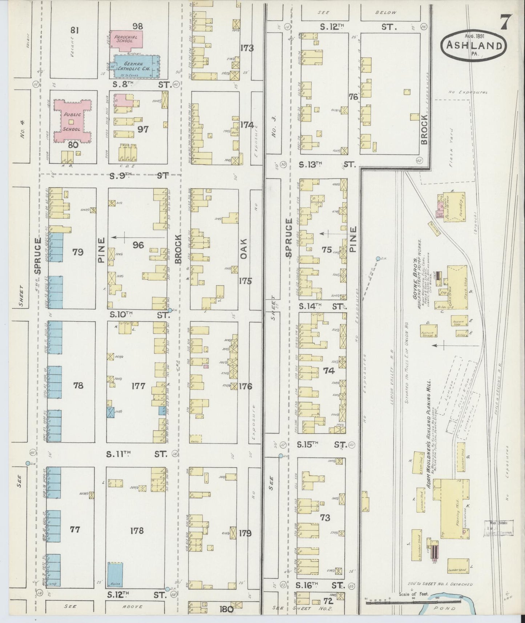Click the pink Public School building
[72, 121]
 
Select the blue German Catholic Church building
[136, 66]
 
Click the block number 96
[138, 245]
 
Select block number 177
[138, 386]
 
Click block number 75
[327, 249]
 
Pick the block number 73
[325, 517]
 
